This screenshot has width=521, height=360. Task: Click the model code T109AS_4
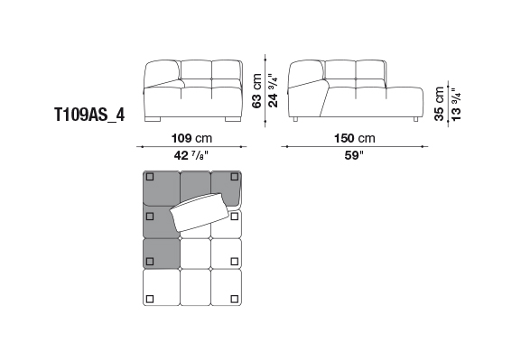(89, 115)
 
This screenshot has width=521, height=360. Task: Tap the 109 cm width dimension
(191, 138)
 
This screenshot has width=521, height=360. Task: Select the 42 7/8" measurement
(191, 155)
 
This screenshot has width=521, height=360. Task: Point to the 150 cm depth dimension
(355, 138)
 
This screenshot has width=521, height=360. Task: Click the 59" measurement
(354, 155)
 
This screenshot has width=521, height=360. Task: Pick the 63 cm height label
(256, 90)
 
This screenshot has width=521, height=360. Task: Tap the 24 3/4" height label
(273, 90)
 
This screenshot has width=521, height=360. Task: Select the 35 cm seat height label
(439, 104)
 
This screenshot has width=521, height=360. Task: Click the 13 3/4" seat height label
(456, 105)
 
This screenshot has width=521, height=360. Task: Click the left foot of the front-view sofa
(154, 119)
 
